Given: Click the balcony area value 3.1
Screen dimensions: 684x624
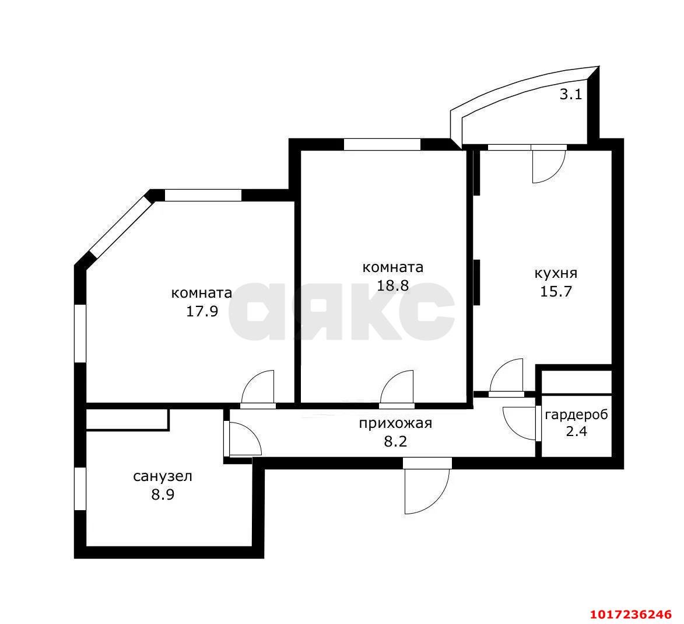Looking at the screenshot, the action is tap(570, 95).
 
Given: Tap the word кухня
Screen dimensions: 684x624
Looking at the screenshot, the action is tap(556, 273).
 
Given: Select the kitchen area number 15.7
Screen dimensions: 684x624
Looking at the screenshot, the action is tap(556, 291).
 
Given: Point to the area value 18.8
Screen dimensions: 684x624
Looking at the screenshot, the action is tap(392, 285).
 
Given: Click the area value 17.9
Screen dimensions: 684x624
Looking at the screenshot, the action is tap(202, 311).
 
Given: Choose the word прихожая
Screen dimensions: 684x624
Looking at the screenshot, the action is tap(395, 424).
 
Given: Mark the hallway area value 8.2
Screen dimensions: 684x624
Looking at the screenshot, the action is tap(395, 441).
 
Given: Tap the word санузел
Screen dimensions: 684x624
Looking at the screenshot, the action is tap(163, 476).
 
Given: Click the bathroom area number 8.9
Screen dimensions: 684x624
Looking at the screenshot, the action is tap(163, 495).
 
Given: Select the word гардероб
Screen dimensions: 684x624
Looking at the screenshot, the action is tap(576, 415).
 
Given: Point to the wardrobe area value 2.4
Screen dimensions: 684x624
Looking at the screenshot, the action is tap(576, 432).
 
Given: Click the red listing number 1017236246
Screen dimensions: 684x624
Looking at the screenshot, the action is tap(631, 615).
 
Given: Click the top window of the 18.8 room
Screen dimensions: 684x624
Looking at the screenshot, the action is tap(382, 144).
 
